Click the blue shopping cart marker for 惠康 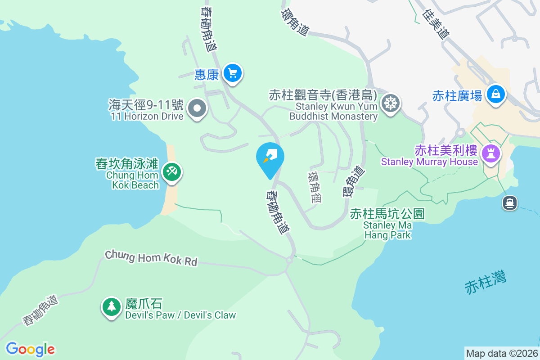click(232, 73)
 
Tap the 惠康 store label click(207, 74)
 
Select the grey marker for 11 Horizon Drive click(197, 109)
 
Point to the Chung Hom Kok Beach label click(133, 174)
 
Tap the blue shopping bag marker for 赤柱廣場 click(495, 94)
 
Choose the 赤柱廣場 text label click(457, 95)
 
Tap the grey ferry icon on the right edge click(509, 203)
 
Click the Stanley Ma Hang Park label click(387, 224)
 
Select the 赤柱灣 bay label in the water click(486, 282)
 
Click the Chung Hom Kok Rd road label click(151, 258)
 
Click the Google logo click(30, 349)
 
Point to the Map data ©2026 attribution click(502, 353)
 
